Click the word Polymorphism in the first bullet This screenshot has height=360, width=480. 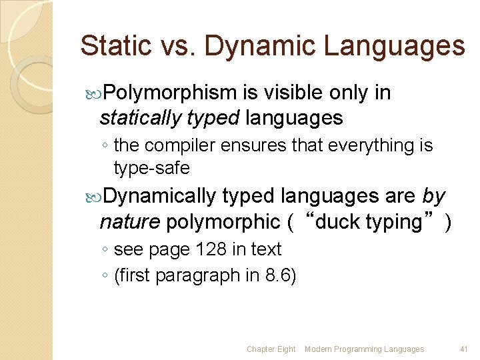(x=170, y=93)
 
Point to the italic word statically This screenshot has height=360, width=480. (x=139, y=119)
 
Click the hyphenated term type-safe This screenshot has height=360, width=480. (x=151, y=169)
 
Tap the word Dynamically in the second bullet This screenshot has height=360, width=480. (x=160, y=196)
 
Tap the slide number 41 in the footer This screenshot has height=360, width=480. (x=464, y=349)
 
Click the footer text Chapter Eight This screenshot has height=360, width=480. (x=271, y=349)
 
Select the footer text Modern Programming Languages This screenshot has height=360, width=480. (x=364, y=349)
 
